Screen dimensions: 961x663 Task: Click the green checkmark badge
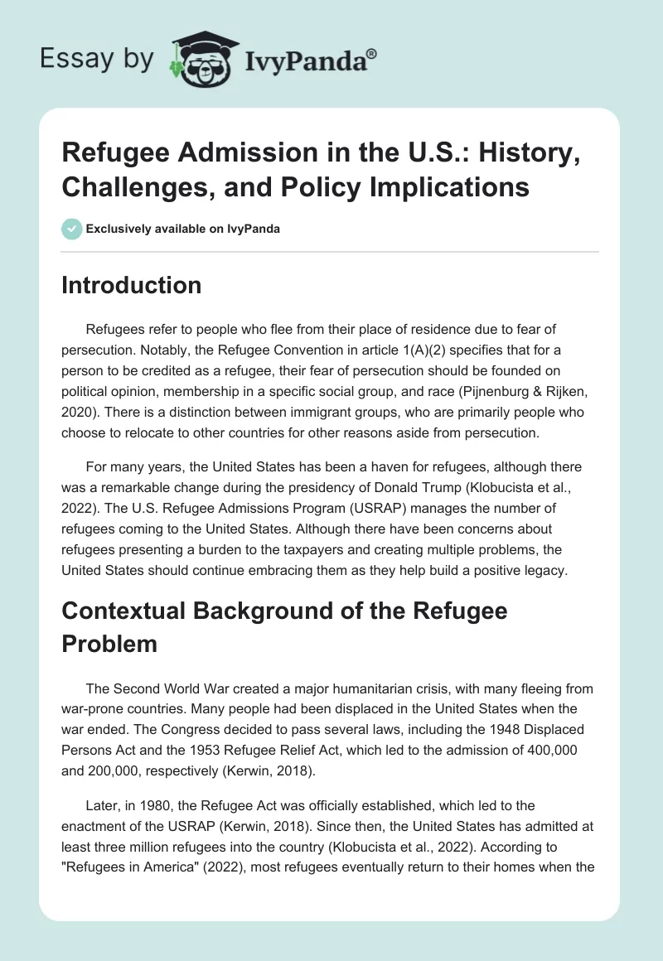tap(70, 229)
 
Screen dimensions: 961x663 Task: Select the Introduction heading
tap(132, 286)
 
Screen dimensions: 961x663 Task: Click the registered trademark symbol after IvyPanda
tap(373, 54)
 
